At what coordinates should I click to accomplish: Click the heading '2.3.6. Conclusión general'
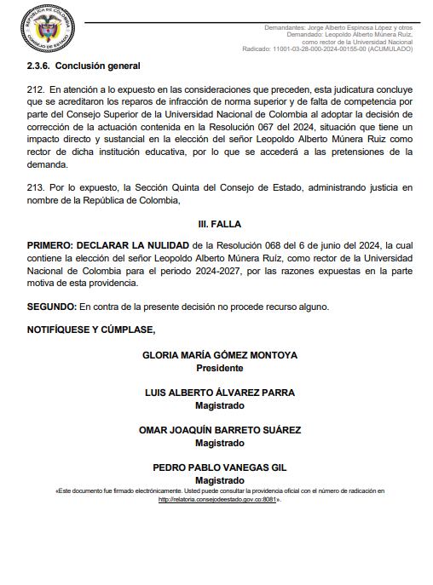(x=84, y=66)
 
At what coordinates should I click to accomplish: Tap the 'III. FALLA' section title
(x=220, y=224)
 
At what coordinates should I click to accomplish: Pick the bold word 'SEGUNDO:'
(x=52, y=307)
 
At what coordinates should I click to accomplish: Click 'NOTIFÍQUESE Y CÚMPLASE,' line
(x=91, y=329)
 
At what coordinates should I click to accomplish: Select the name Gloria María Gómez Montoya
(x=220, y=356)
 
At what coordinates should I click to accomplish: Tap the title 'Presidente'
(x=220, y=369)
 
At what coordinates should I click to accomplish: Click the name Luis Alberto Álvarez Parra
(x=220, y=393)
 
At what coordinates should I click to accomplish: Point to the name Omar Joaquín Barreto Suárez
(x=220, y=430)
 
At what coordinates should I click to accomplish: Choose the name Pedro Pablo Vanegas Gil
(x=220, y=467)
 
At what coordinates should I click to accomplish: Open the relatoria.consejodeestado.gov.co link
(x=220, y=500)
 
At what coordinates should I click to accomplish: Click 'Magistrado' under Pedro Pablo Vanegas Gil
(x=220, y=480)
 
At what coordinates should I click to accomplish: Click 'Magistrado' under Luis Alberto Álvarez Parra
(x=220, y=405)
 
